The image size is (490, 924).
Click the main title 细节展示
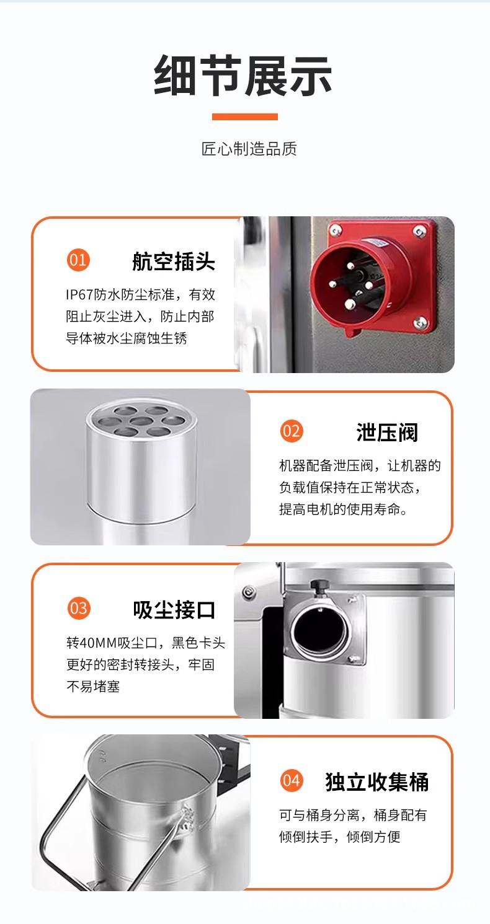[x=243, y=76]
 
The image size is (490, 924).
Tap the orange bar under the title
[x=244, y=117]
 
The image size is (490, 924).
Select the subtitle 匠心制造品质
[x=249, y=149]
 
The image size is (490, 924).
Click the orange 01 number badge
[x=78, y=260]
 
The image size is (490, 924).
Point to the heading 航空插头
[x=173, y=262]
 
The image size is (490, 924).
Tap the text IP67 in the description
[x=79, y=294]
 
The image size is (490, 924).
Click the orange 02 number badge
[x=291, y=430]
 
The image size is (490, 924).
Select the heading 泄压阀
[x=387, y=432]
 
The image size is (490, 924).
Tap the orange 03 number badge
[x=78, y=608]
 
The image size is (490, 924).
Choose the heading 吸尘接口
[x=174, y=610]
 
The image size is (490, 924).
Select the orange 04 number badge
[x=291, y=780]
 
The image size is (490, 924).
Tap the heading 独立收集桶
[x=376, y=782]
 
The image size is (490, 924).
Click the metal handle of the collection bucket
[x=62, y=824]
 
